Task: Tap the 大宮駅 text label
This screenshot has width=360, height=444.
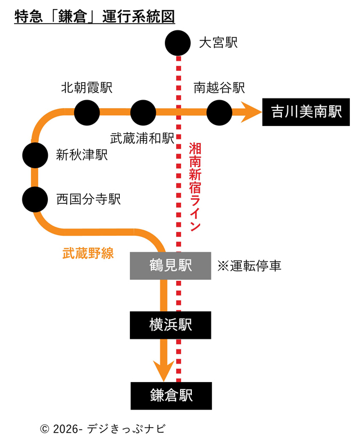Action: [x=219, y=43]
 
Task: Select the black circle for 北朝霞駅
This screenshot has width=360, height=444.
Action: [x=87, y=113]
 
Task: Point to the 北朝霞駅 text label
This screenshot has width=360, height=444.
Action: [x=87, y=88]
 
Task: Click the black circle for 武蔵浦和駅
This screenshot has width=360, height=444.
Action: [x=143, y=113]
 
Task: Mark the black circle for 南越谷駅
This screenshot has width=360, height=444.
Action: [x=219, y=113]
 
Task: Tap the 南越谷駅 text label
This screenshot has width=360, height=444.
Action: [x=219, y=88]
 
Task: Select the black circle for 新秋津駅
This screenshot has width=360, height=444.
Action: [x=35, y=155]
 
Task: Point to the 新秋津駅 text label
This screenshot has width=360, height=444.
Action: [x=82, y=155]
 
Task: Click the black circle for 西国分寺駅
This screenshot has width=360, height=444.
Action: [x=35, y=198]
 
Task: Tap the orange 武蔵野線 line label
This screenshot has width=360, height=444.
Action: [x=88, y=254]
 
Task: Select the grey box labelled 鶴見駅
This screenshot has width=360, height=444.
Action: [x=171, y=266]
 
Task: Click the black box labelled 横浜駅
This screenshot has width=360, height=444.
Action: [x=171, y=325]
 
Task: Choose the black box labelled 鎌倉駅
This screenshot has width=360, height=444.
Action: [x=171, y=396]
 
